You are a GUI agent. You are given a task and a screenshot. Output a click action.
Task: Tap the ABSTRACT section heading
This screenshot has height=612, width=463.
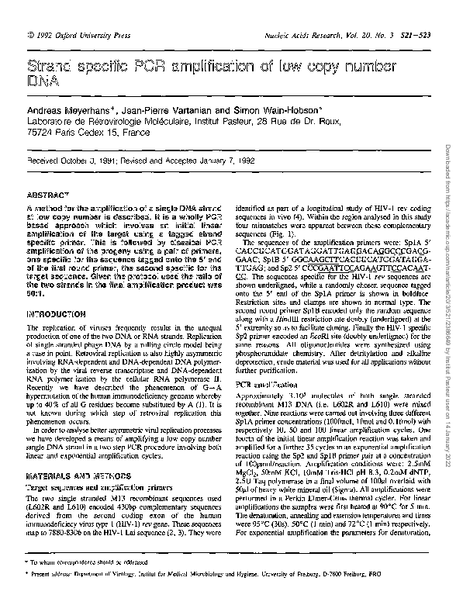pos(50,197)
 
